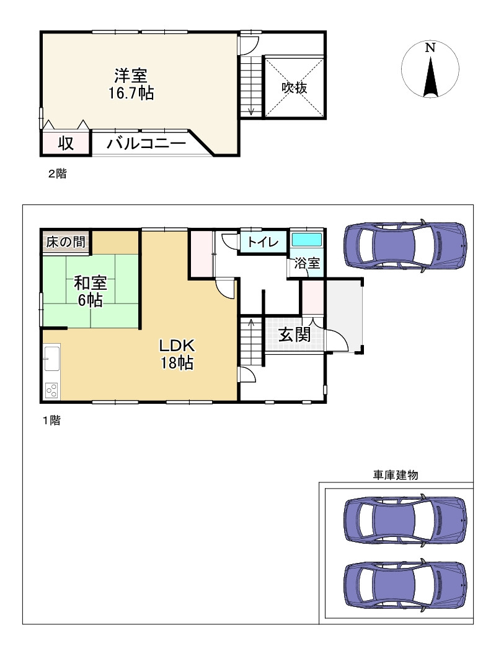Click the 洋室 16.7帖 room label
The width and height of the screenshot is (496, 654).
point(131,84)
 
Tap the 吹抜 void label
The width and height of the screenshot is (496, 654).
point(294,87)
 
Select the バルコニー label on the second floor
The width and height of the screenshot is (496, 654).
point(146,144)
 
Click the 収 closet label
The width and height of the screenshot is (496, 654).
point(66,144)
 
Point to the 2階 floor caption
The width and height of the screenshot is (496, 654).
point(57,173)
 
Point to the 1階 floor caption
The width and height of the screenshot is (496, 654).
point(52,421)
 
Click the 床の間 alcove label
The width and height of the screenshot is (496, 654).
point(66,242)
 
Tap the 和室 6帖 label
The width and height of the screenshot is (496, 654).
point(90,291)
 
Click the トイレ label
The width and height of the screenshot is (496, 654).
point(263,242)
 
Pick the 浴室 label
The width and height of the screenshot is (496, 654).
point(307,263)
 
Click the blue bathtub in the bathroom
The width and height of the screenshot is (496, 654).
point(307,240)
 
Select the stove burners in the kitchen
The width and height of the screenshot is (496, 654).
point(52,390)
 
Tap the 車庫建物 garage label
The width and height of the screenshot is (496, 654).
point(396,475)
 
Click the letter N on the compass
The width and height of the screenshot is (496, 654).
point(430,48)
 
